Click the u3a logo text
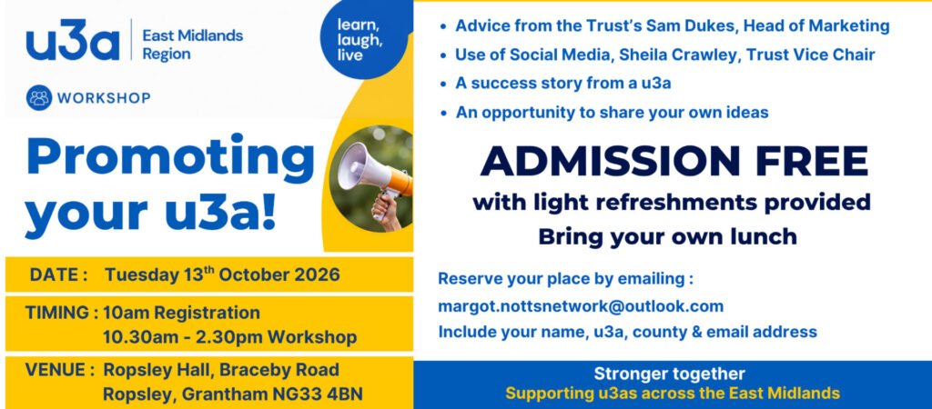click(73, 40)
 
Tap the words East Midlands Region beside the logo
click(193, 45)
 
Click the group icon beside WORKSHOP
click(39, 97)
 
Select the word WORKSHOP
click(104, 98)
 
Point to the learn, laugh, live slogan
click(360, 40)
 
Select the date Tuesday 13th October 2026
click(222, 274)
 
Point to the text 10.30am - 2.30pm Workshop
click(230, 337)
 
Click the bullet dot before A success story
click(443, 85)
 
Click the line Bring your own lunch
click(667, 236)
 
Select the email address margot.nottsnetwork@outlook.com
click(581, 307)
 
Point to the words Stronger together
click(669, 374)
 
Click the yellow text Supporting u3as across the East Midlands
click(673, 393)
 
